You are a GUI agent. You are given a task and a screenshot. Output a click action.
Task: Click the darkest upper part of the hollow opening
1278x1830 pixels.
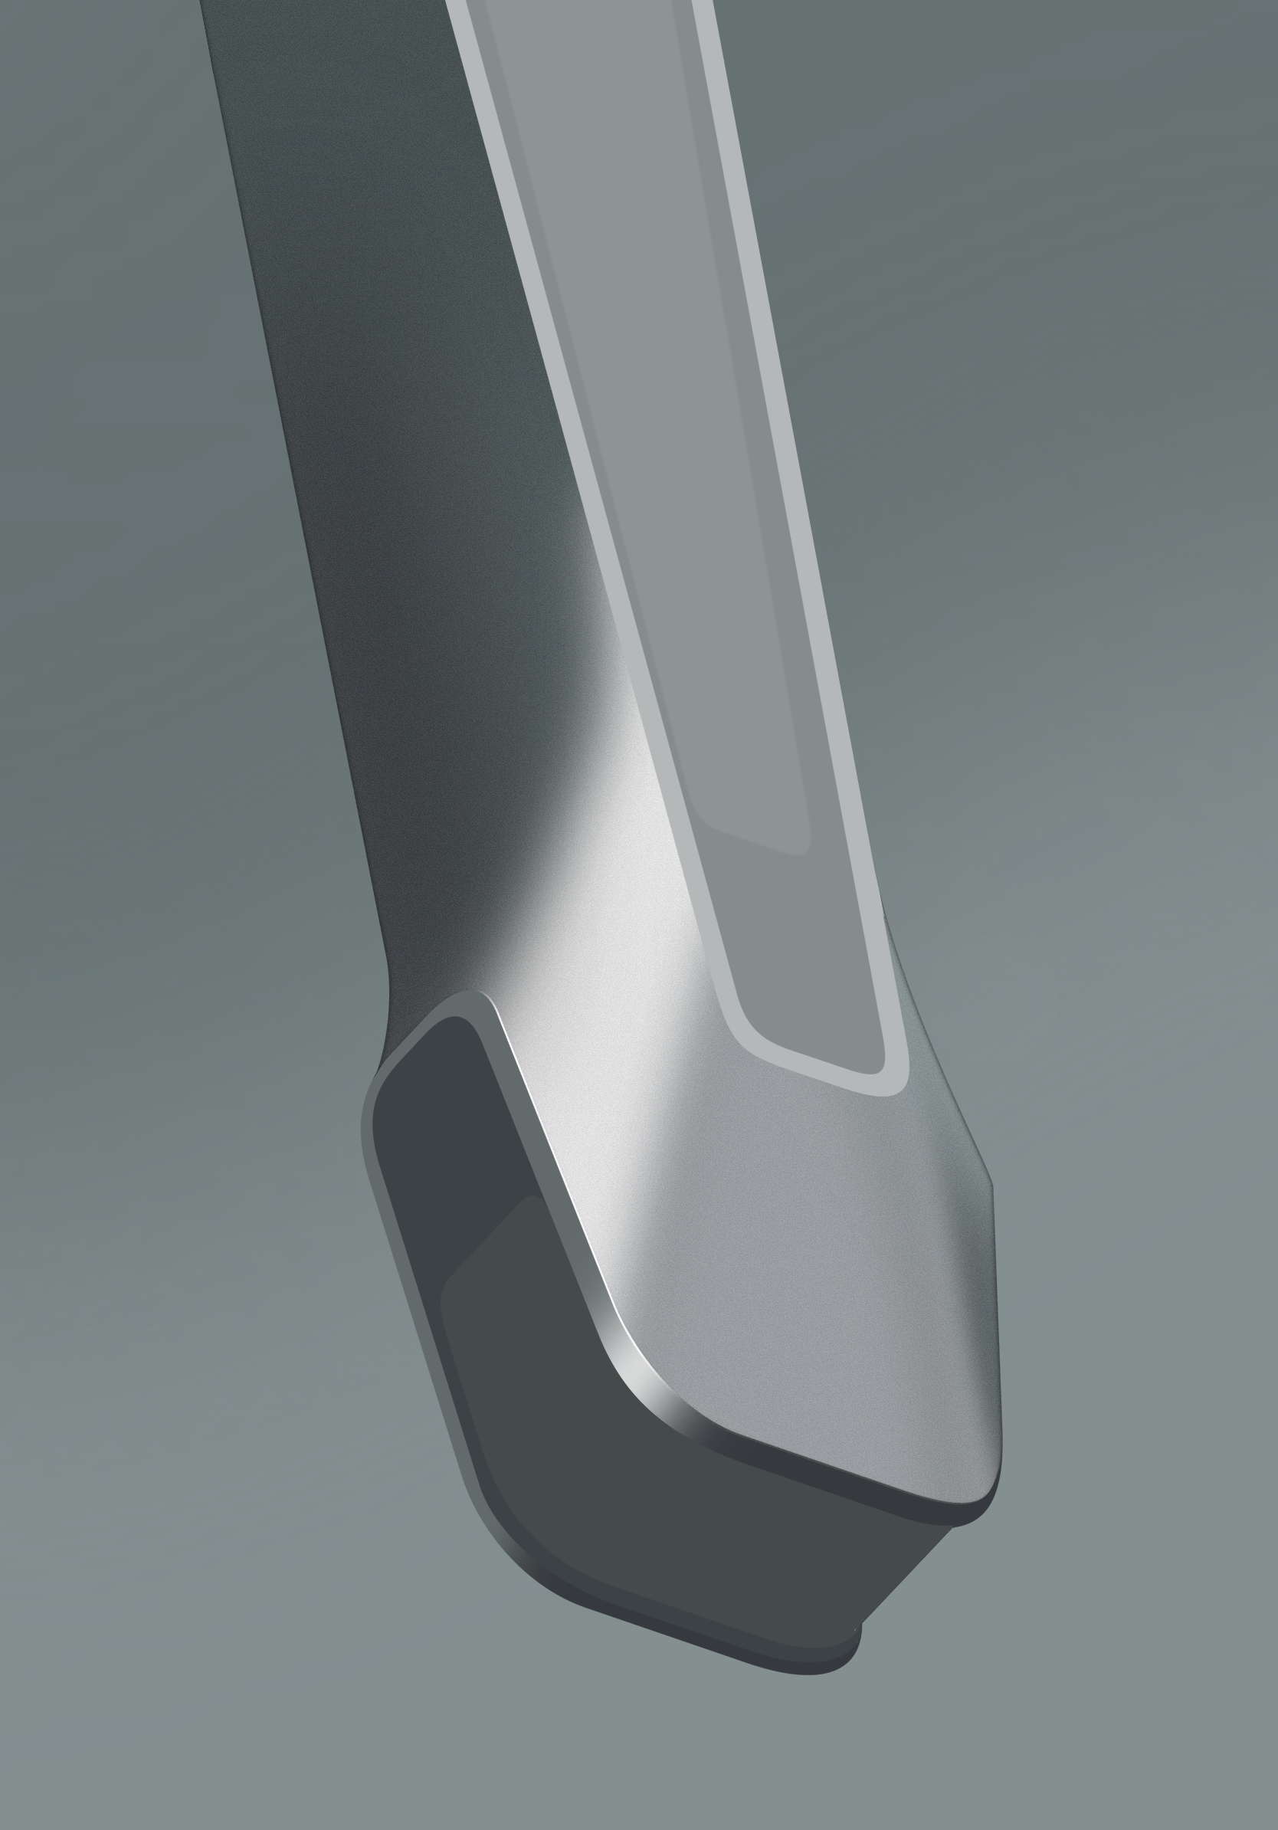pos(446,1116)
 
